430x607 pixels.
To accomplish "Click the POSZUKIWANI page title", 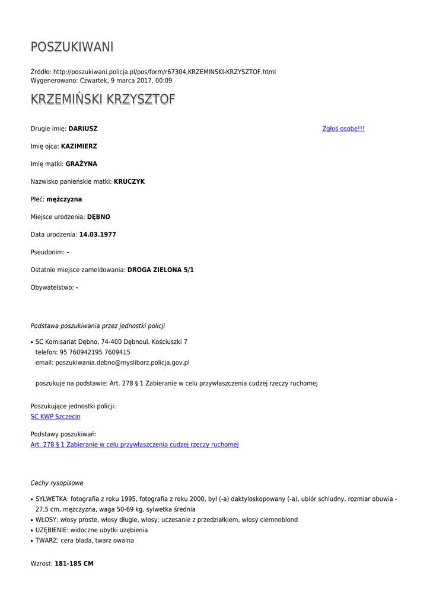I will [72, 47].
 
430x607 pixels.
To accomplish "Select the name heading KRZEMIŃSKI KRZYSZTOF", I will [103, 100].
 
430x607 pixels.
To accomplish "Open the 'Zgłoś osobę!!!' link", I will [343, 129].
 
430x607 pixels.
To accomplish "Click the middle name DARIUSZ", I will [83, 129].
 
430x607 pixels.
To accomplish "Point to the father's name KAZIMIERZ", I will [79, 146].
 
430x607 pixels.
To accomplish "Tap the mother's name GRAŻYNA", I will [81, 164].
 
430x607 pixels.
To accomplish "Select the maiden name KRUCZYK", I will [129, 181].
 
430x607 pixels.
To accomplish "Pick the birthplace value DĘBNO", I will [98, 217].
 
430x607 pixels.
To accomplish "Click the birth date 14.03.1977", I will [97, 235].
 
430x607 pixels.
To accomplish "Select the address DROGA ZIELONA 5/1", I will [160, 270].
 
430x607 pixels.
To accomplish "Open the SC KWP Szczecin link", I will [55, 417].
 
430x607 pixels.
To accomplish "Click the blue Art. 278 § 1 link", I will [135, 445].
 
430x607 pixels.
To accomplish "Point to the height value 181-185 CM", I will [74, 564].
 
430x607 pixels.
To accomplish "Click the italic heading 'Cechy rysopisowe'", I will [57, 483].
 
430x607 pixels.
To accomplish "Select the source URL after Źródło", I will [164, 72].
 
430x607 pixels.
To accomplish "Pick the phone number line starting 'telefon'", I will [83, 352].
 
